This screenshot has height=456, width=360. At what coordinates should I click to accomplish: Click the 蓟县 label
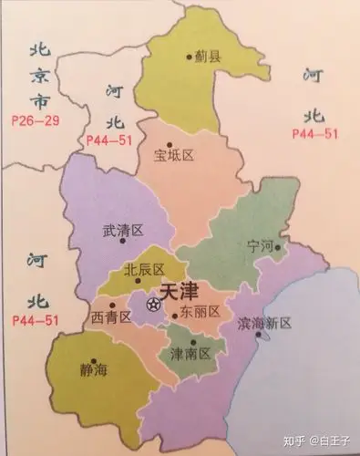click(208, 56)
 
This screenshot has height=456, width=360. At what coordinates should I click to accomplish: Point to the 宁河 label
click(261, 247)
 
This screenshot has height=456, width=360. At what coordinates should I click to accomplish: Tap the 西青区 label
click(111, 316)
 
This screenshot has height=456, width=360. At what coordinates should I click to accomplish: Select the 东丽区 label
click(200, 312)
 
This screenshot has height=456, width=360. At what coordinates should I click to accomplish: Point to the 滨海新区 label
click(263, 323)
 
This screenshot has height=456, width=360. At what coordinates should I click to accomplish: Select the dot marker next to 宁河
click(281, 246)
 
